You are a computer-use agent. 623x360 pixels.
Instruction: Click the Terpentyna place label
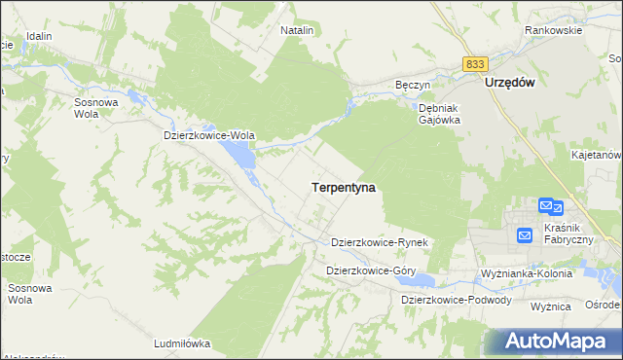pyautogui.click(x=344, y=185)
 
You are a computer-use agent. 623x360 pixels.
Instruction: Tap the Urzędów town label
pyautogui.click(x=511, y=84)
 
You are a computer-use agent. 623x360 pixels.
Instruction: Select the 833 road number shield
pyautogui.click(x=474, y=63)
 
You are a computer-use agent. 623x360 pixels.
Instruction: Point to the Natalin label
pyautogui.click(x=297, y=31)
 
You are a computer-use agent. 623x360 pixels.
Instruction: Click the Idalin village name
pyautogui.click(x=39, y=36)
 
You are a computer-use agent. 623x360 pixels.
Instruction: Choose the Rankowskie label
pyautogui.click(x=553, y=30)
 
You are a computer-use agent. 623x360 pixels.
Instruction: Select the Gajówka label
pyautogui.click(x=439, y=121)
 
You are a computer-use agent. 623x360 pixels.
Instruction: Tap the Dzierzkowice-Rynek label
pyautogui.click(x=381, y=241)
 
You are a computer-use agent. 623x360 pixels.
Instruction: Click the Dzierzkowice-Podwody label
pyautogui.click(x=457, y=300)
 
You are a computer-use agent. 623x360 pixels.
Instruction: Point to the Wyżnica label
pyautogui.click(x=550, y=306)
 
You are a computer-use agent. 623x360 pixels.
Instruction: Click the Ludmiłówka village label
pyautogui.click(x=182, y=343)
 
